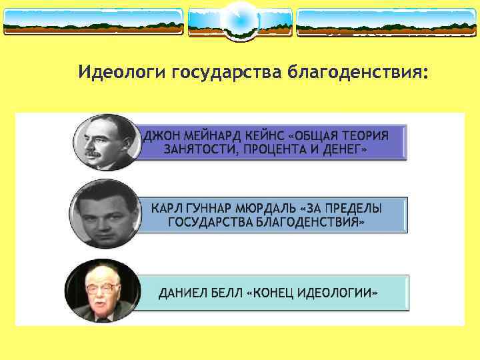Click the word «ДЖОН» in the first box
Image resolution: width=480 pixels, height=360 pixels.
click(x=161, y=135)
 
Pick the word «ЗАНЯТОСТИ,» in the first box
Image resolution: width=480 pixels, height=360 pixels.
click(x=197, y=150)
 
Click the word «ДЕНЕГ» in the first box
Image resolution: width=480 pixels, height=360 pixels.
click(x=340, y=150)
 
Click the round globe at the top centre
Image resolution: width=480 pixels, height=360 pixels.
click(x=239, y=20)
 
